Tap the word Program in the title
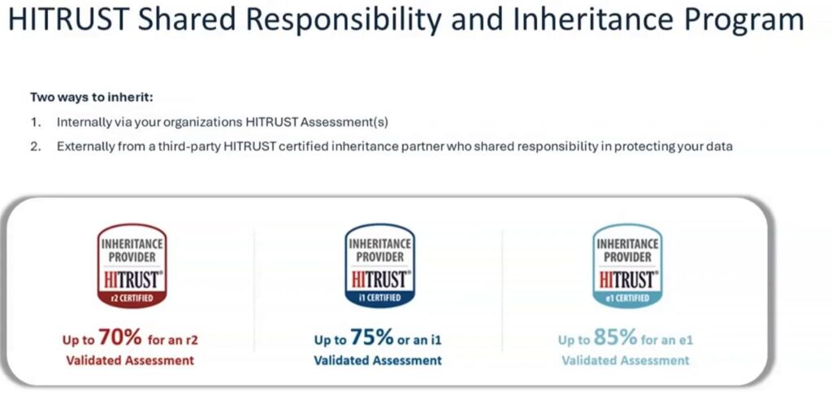(743, 20)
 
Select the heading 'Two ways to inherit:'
(92, 98)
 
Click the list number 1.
(36, 123)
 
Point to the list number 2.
(36, 146)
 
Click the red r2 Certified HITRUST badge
(132, 266)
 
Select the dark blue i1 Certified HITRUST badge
(379, 266)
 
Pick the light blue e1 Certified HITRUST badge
(627, 266)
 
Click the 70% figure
(120, 337)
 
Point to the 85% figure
(616, 337)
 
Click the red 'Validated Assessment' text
(130, 360)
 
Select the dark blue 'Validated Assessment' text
(378, 360)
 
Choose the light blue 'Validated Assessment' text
(626, 360)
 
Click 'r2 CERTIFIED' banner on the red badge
(132, 298)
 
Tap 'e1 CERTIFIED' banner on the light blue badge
(627, 298)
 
